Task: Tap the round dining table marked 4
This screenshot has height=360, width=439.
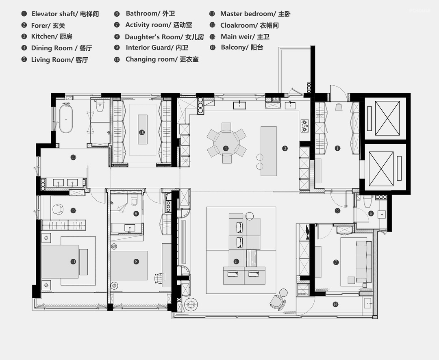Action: point(226,143)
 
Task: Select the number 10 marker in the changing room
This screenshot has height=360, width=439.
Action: point(142,132)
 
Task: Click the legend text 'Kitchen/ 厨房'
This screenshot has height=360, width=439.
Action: point(52,37)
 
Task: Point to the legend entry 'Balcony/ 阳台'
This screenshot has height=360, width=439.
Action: point(242,47)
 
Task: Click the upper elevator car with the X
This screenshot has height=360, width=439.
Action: point(387,118)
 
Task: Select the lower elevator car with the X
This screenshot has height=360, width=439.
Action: point(381,169)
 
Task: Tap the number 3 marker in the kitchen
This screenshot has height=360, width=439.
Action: point(285,148)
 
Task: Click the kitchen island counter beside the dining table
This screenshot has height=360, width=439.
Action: point(269,151)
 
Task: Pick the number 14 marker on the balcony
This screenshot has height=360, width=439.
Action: point(335,304)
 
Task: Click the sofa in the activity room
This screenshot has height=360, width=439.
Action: point(364,262)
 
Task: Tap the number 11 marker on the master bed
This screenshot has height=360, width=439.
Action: point(73,261)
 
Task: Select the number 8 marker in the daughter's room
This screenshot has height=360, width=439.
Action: point(136,261)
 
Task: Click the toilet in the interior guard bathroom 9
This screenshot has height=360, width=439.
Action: point(135,200)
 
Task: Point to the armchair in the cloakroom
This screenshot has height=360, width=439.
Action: point(58,209)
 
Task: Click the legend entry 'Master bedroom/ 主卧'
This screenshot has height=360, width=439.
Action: point(255,14)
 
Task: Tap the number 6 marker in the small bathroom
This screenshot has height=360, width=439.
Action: point(371,214)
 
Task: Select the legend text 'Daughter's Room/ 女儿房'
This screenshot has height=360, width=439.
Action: point(164,37)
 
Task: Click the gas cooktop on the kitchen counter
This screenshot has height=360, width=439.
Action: point(304,126)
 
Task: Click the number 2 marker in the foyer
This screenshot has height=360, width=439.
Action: point(337,210)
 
